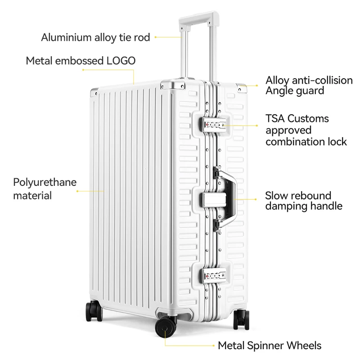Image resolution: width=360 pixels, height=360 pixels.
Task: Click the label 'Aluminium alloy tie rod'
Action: point(95,37)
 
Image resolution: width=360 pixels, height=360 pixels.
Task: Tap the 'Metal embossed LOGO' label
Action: point(81,61)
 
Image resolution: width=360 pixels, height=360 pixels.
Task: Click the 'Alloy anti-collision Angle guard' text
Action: point(309,85)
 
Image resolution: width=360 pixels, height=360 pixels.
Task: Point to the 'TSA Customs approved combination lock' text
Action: point(306,130)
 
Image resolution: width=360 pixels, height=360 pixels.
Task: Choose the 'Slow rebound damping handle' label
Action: point(304,201)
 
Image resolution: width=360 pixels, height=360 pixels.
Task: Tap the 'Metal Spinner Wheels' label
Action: point(270,346)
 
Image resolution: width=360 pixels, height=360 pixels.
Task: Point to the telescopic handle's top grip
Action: point(198,20)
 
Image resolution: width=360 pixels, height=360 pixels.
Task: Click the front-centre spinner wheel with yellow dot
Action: point(166,328)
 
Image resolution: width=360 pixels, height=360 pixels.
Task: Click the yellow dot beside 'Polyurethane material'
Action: point(77,191)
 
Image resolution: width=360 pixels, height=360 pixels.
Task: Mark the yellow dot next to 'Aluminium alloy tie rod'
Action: point(156,37)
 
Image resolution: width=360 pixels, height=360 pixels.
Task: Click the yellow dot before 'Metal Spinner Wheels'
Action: point(213,346)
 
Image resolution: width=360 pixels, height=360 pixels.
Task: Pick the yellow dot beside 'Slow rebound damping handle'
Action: point(257,198)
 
